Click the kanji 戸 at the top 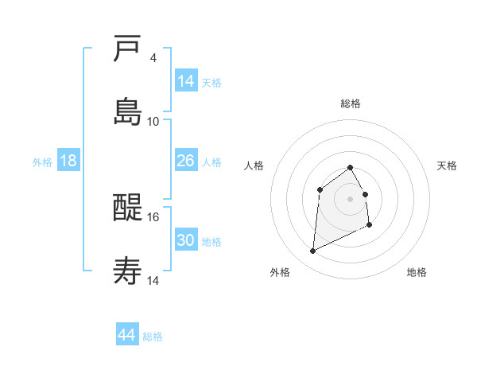tap(128, 49)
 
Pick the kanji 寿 tap(128, 271)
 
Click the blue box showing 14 tap(186, 80)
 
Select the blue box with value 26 tap(186, 161)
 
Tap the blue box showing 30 tap(186, 240)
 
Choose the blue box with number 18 tap(68, 161)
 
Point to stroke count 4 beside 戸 tap(153, 58)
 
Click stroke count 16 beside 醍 tap(153, 216)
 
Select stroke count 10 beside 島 tap(153, 121)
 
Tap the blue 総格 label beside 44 tap(153, 337)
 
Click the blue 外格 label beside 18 tap(42, 162)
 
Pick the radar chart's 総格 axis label tap(351, 103)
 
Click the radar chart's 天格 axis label tap(447, 166)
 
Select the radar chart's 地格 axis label tap(417, 272)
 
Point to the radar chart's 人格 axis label tap(254, 166)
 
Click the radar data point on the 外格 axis tap(312, 251)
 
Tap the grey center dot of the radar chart tap(351, 199)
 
